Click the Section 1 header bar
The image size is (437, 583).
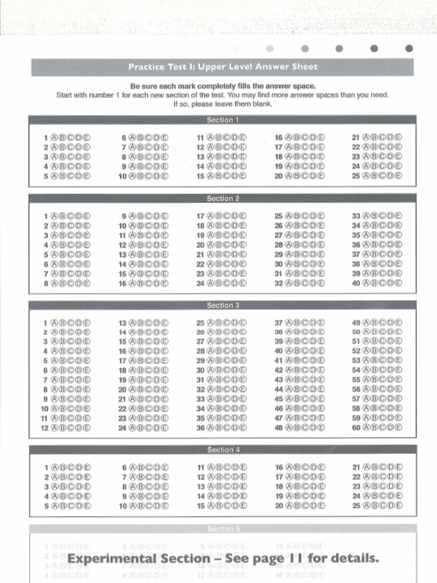(222, 120)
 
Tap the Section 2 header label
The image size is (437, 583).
(222, 199)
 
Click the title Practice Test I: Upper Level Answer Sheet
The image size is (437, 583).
(222, 67)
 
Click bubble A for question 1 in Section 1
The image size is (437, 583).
(55, 137)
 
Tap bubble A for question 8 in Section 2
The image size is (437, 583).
(55, 283)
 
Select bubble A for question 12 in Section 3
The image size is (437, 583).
(55, 428)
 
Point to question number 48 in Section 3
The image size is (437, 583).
(279, 428)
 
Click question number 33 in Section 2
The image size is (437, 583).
(356, 216)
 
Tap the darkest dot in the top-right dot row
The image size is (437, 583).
(409, 48)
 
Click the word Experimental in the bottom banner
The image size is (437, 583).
(112, 559)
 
